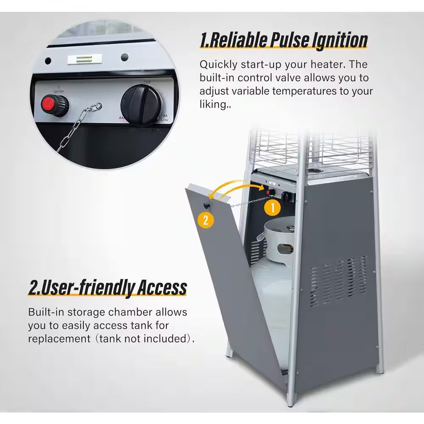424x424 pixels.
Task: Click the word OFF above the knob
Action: point(147,83)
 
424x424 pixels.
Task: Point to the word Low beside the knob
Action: point(165,120)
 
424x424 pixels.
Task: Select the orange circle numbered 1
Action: point(273,208)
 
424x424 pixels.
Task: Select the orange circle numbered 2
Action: point(206,220)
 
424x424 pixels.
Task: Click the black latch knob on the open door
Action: point(206,206)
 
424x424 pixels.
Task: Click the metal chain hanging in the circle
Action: point(76,125)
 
